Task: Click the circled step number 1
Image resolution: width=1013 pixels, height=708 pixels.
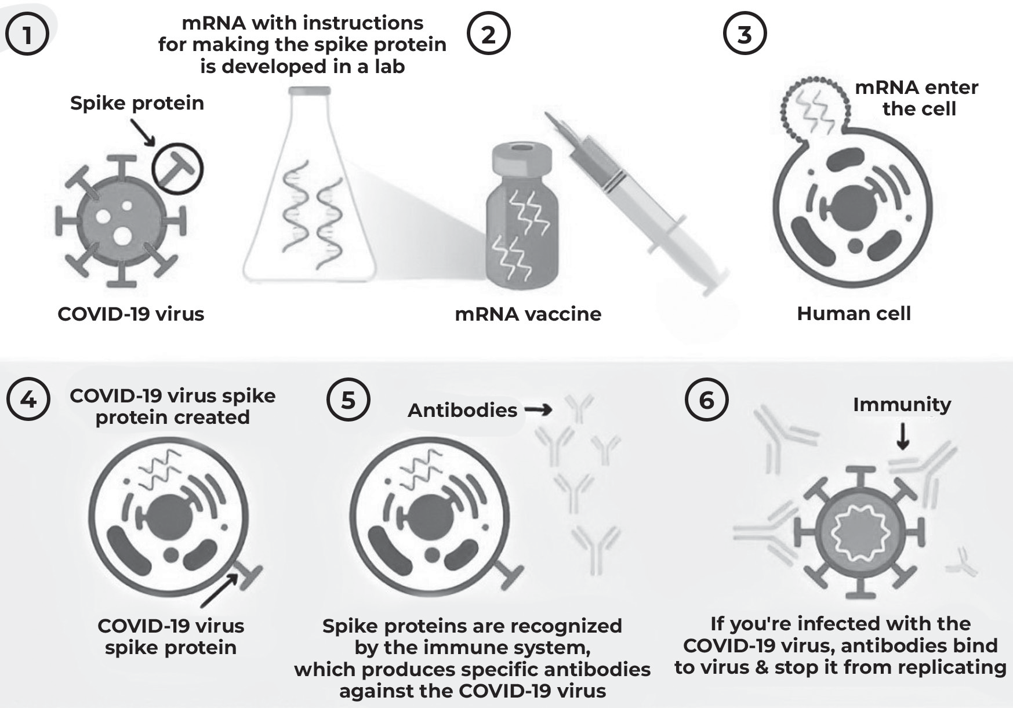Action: (27, 34)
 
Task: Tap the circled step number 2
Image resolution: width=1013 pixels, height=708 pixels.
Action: (488, 34)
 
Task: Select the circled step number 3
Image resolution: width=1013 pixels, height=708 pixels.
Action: (745, 34)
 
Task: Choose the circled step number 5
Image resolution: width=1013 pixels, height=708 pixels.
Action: (348, 400)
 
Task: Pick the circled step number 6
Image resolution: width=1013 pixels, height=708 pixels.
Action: (706, 400)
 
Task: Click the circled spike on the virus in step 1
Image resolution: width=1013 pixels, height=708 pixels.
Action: (177, 169)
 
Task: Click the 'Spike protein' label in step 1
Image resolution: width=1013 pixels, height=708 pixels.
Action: (137, 103)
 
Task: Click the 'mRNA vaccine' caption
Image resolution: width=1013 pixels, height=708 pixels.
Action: (528, 314)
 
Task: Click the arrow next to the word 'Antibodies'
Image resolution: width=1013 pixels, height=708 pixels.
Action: (538, 410)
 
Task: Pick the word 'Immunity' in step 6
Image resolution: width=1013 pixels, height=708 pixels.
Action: (902, 405)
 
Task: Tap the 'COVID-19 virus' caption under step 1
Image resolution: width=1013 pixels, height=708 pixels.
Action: (131, 314)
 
